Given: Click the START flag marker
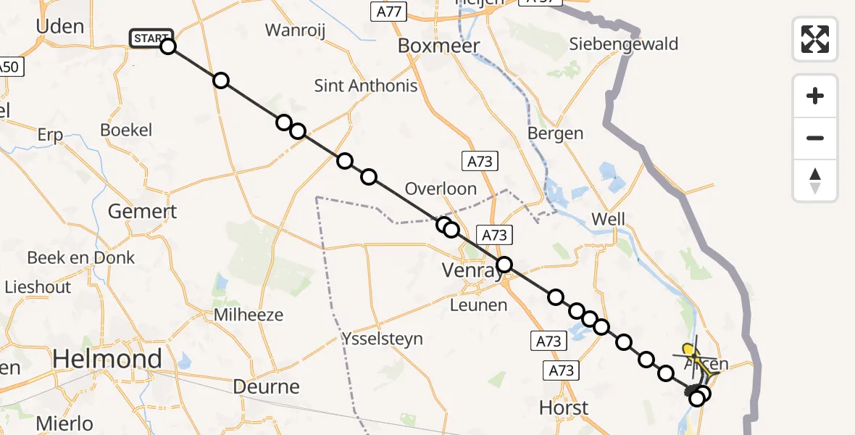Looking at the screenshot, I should (x=151, y=38).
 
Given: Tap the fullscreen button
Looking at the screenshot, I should (x=815, y=39).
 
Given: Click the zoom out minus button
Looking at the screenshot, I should (x=815, y=138).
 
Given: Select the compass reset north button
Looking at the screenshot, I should (x=815, y=180).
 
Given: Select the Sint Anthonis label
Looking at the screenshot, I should (x=366, y=86).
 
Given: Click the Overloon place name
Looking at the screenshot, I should (x=441, y=189).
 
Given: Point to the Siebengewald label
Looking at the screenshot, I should (x=623, y=44).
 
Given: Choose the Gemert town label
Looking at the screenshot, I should (x=142, y=212).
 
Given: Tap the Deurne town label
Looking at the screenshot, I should (x=267, y=386).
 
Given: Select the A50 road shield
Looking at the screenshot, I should (x=9, y=67).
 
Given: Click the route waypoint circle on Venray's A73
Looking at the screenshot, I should (x=504, y=265).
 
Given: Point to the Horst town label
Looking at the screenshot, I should (x=564, y=408).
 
